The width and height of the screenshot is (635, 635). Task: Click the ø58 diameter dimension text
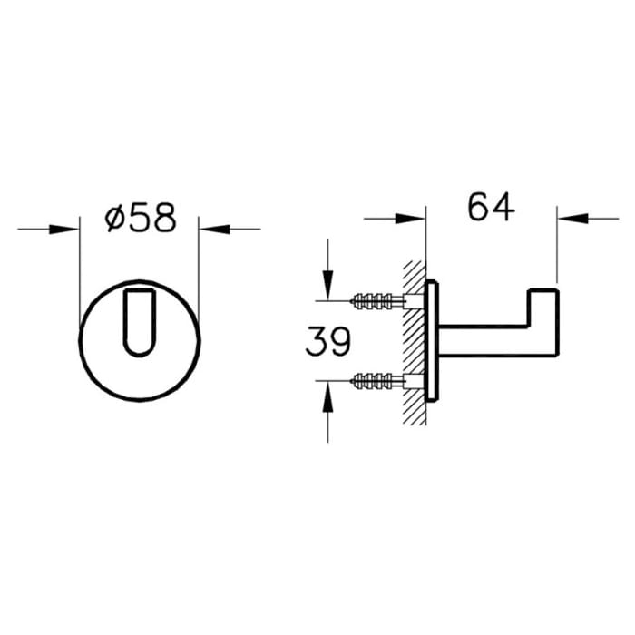point(140,219)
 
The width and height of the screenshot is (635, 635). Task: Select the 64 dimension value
point(491,207)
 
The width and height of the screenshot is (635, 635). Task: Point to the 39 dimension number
point(327,342)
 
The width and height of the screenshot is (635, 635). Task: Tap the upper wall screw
point(373,299)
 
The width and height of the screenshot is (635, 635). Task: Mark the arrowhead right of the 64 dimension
point(568,218)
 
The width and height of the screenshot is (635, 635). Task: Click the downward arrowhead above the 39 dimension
point(327,289)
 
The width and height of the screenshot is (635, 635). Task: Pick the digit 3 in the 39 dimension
point(317,342)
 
